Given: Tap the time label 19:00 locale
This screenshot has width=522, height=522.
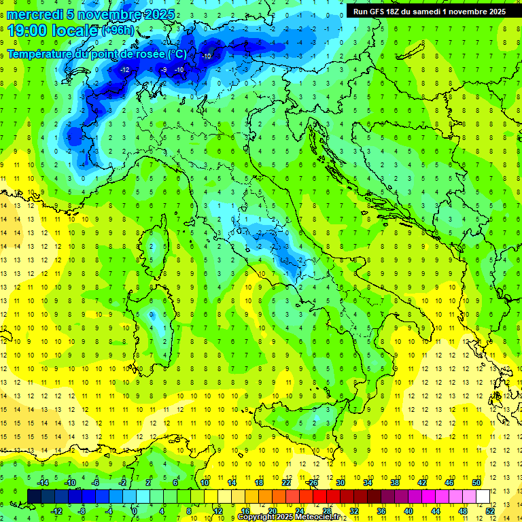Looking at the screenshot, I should pyautogui.click(x=53, y=31).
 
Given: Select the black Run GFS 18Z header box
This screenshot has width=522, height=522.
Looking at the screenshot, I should pyautogui.click(x=430, y=12).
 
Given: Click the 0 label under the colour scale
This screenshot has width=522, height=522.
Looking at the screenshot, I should pyautogui.click(x=135, y=510).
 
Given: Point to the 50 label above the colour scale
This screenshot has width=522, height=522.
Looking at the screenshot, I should pyautogui.click(x=476, y=483).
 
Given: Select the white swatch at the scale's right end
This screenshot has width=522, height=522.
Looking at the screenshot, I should pyautogui.click(x=483, y=496).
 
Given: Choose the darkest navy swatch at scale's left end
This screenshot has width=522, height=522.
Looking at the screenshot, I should pyautogui.click(x=34, y=496).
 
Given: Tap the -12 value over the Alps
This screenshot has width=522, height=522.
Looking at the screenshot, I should pyautogui.click(x=124, y=70).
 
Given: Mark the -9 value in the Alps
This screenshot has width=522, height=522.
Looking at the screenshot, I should pyautogui.click(x=163, y=70).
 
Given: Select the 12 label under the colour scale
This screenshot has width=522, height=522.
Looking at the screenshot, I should pyautogui.click(x=217, y=510).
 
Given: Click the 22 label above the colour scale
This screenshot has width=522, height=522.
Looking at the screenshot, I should pyautogui.click(x=286, y=483).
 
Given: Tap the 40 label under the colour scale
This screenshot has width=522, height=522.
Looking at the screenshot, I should pyautogui.click(x=408, y=510).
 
